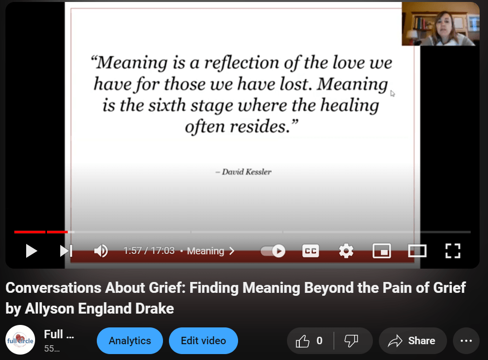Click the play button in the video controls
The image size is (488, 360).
(31, 251)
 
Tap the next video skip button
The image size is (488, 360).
(66, 251)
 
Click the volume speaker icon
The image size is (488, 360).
(101, 251)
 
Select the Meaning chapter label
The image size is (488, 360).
(205, 251)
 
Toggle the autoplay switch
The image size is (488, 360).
(273, 251)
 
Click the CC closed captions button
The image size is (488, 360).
(311, 251)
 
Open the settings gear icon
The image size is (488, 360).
(346, 251)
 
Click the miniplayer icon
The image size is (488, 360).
(382, 251)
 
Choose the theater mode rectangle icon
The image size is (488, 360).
(417, 251)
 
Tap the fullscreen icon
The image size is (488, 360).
(453, 251)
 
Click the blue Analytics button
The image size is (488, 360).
(130, 341)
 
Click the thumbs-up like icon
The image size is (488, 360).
(302, 341)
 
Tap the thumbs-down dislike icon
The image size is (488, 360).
(351, 341)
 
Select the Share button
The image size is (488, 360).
(413, 341)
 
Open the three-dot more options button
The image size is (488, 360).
(466, 341)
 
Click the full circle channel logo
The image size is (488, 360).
(20, 340)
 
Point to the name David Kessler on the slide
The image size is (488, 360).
(246, 172)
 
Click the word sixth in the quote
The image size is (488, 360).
(167, 105)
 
